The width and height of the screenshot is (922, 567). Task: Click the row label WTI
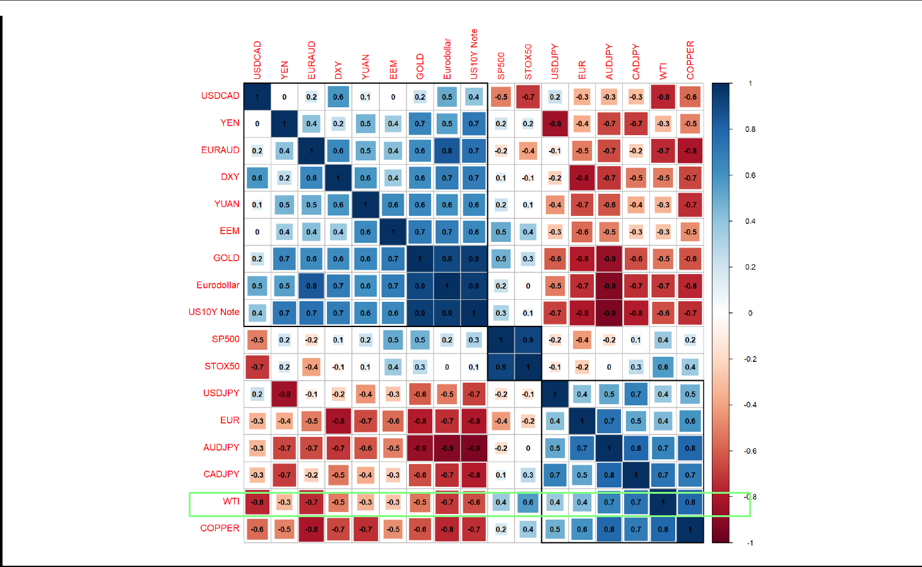click(x=231, y=501)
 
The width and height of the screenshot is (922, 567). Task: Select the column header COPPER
click(x=690, y=61)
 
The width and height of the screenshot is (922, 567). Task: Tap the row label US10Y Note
click(x=214, y=312)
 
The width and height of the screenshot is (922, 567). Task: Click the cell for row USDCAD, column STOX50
click(x=528, y=97)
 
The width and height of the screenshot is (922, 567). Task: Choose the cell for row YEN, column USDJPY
click(x=555, y=124)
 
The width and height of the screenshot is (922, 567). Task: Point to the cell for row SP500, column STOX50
click(x=528, y=340)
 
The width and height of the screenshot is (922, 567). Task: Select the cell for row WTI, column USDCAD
click(x=257, y=503)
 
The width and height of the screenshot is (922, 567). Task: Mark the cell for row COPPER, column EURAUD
click(x=312, y=529)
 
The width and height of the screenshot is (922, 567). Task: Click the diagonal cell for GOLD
click(x=420, y=259)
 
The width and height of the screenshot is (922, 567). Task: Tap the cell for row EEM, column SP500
click(x=501, y=232)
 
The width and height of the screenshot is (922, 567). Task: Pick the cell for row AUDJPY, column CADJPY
click(x=636, y=448)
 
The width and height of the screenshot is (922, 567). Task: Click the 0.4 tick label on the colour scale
click(x=750, y=222)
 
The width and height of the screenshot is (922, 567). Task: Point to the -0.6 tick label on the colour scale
click(x=749, y=451)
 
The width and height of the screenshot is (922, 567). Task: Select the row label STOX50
click(x=222, y=366)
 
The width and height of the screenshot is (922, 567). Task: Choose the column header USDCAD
click(x=257, y=61)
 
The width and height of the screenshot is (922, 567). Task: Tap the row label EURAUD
click(x=220, y=150)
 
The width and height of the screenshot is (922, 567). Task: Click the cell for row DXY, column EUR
click(x=582, y=178)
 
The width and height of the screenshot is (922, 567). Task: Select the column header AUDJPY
click(x=609, y=62)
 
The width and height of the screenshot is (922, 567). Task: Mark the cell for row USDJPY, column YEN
click(x=285, y=394)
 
